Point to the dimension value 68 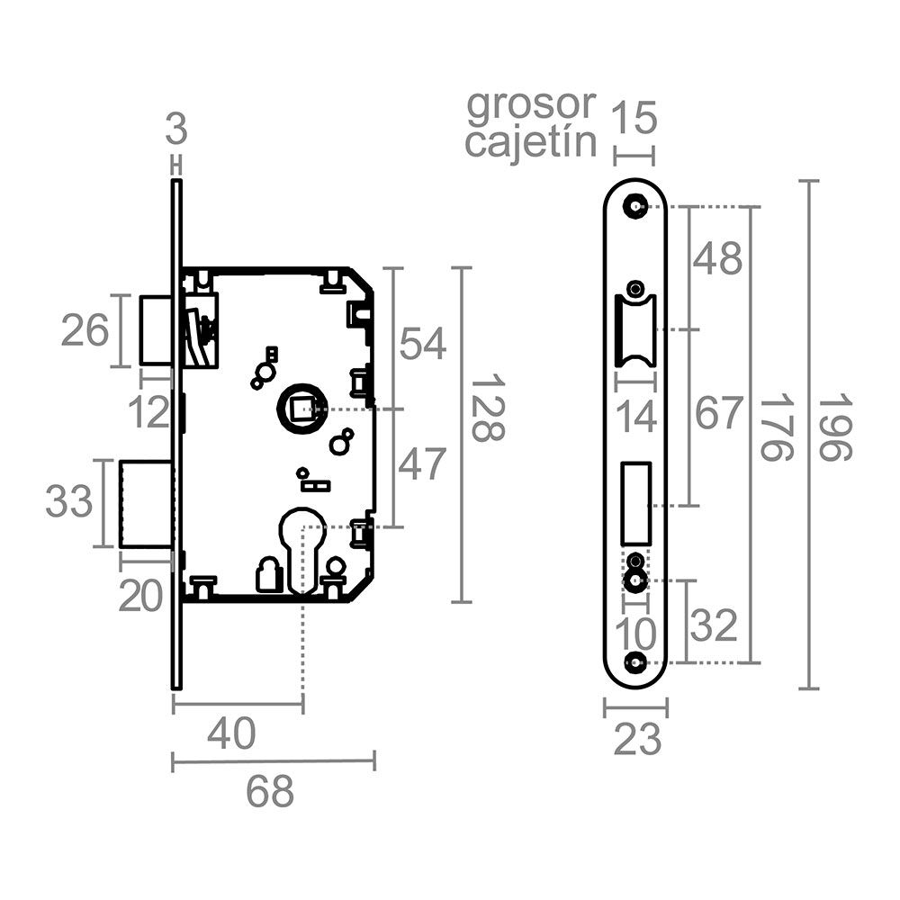[270, 792]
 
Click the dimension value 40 [231, 734]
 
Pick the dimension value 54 [423, 344]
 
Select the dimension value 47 [423, 464]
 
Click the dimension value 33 [69, 501]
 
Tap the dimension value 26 [85, 331]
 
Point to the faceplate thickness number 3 [176, 131]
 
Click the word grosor [531, 105]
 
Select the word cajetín [531, 142]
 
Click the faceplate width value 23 [637, 741]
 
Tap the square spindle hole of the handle [298, 409]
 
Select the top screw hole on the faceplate [637, 206]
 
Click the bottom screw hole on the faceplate [637, 662]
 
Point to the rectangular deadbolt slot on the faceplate [636, 500]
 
